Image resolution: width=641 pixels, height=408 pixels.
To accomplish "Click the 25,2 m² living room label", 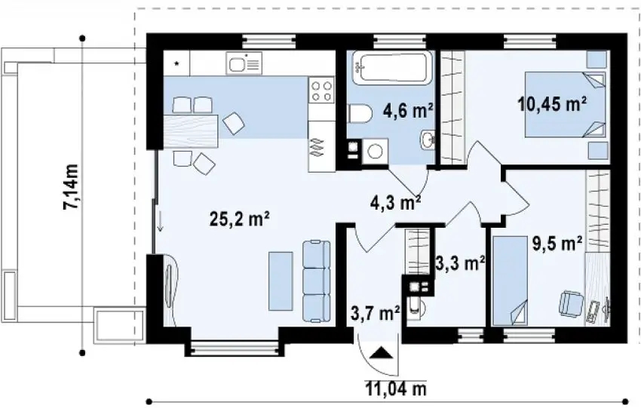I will (x=240, y=219).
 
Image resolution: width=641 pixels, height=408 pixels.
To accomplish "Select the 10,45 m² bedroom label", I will (x=553, y=103).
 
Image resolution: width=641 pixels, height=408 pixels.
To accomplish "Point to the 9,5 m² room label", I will (x=557, y=243).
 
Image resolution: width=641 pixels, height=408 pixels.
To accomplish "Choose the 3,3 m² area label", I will (x=459, y=263).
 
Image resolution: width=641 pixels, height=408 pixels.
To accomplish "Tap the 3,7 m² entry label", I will (x=375, y=311).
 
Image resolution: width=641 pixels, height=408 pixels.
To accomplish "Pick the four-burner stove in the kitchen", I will (x=320, y=92).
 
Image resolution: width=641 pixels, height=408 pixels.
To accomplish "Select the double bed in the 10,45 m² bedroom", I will (x=566, y=104).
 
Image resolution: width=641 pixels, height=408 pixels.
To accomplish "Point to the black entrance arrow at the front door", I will (x=382, y=352).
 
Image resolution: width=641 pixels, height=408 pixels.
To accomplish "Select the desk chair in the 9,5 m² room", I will (x=569, y=304).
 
